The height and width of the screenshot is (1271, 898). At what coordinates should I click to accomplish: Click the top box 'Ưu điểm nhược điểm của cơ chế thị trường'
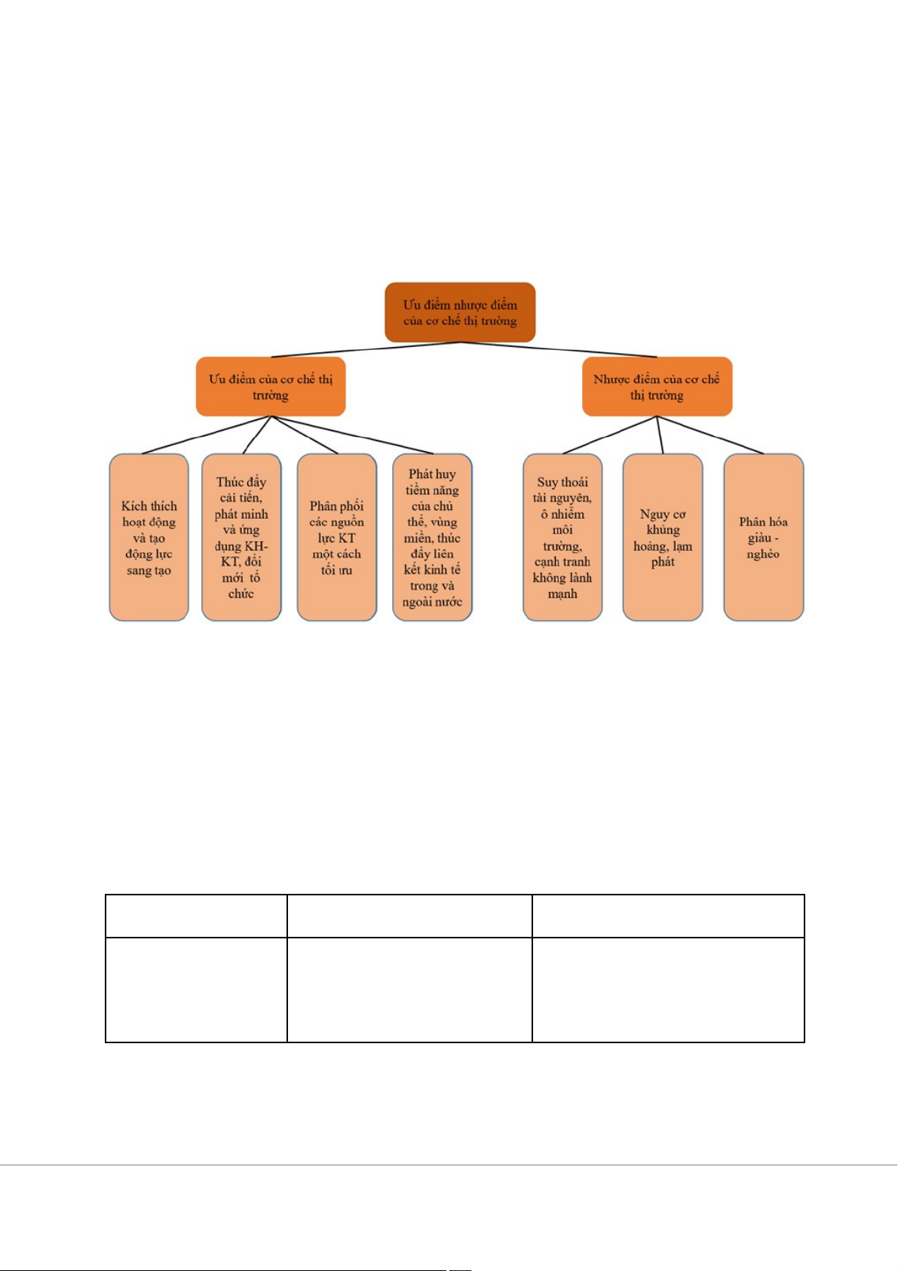point(460,312)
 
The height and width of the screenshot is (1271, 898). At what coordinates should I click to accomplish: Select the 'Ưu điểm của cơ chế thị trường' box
point(271,386)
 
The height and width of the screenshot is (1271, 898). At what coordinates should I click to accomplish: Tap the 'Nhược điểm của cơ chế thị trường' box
point(657,386)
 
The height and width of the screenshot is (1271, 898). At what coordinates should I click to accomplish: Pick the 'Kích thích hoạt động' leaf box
point(149,537)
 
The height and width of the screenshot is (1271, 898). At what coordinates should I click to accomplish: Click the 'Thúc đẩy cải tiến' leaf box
point(241,537)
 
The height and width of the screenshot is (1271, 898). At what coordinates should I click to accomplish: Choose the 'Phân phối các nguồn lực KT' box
point(336,537)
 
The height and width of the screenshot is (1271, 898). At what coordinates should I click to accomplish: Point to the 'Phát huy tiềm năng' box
point(432,537)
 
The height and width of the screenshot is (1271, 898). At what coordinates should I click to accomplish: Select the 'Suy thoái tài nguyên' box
point(562,537)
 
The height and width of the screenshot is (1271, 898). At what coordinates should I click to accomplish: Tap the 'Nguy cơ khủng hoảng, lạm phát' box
point(663,537)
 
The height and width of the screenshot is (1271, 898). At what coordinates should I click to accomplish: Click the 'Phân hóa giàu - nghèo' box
point(763,537)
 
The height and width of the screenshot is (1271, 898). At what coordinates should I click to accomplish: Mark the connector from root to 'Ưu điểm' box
point(366,349)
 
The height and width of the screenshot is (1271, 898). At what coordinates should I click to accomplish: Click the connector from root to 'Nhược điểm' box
point(559,349)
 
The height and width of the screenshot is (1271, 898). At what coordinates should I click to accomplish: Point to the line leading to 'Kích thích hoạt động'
point(206,435)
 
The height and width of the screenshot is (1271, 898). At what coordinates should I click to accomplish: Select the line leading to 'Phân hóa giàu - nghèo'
point(710,435)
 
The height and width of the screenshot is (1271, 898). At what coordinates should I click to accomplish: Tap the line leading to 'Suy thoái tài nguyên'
point(609,435)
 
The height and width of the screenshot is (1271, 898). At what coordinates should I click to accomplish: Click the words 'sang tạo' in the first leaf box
point(149,570)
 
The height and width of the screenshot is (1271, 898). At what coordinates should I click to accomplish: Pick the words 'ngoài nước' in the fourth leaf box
point(432,602)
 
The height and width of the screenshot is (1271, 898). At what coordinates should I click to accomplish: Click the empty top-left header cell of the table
point(196,916)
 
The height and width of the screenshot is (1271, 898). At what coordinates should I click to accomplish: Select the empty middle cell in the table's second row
point(409,990)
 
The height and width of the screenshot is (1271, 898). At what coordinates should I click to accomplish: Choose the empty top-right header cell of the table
point(668,916)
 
